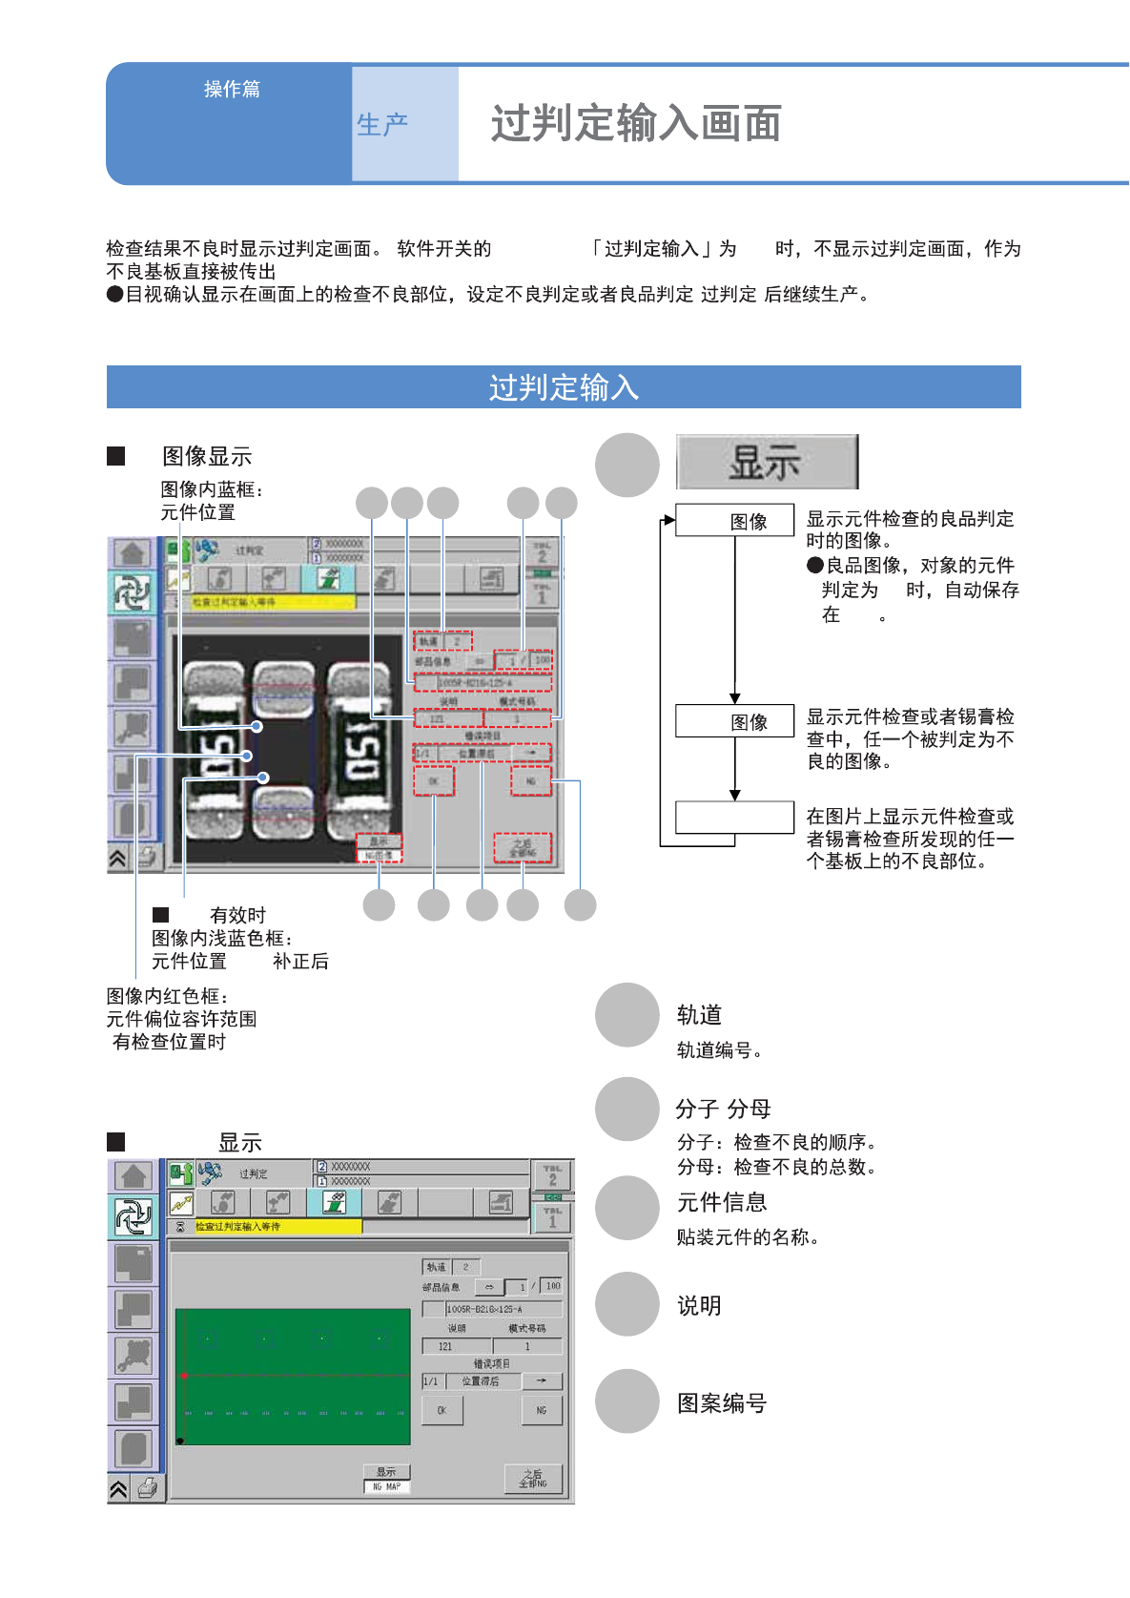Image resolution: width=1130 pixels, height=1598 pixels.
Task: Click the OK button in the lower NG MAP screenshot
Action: (442, 1410)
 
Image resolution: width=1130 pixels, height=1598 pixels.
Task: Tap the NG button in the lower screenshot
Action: (542, 1410)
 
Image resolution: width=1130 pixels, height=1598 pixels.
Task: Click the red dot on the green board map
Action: (184, 1376)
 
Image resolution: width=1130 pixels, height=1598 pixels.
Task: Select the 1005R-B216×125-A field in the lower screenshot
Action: (503, 1309)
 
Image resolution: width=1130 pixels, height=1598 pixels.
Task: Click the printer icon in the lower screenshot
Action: (148, 1487)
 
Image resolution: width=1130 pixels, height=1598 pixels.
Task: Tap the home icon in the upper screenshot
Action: (132, 553)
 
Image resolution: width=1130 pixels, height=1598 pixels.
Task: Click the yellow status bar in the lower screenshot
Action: (277, 1227)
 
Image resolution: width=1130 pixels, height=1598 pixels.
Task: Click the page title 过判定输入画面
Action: (636, 124)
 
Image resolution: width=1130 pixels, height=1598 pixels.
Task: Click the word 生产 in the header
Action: (382, 124)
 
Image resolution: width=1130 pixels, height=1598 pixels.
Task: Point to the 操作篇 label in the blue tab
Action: (232, 89)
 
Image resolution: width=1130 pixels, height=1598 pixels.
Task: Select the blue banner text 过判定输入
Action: (564, 387)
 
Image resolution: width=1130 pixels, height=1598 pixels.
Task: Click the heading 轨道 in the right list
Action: (699, 1014)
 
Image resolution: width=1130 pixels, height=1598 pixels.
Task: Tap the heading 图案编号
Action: (722, 1402)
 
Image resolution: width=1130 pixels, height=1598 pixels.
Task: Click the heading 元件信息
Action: (722, 1202)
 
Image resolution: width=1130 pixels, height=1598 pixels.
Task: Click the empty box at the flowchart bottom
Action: (734, 818)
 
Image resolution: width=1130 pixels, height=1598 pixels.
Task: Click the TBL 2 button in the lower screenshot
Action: (552, 1175)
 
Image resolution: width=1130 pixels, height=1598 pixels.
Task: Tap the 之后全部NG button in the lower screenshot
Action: (533, 1478)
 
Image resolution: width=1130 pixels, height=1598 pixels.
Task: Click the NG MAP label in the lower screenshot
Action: (386, 1486)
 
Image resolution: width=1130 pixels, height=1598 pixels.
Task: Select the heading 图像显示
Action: (207, 456)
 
